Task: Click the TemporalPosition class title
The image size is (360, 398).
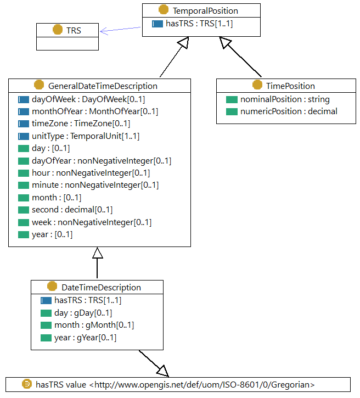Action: tap(205, 10)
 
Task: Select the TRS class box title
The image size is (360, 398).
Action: tap(74, 30)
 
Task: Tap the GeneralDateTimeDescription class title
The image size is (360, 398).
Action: tap(103, 86)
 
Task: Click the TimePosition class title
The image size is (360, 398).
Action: tap(290, 86)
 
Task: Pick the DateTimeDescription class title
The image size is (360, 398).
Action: tap(101, 287)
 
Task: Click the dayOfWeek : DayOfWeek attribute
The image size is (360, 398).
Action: tap(88, 99)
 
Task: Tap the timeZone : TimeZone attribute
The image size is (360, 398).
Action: tap(81, 124)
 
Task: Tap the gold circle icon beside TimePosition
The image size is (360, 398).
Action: tap(257, 85)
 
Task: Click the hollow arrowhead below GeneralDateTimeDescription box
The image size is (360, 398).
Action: tap(98, 253)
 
